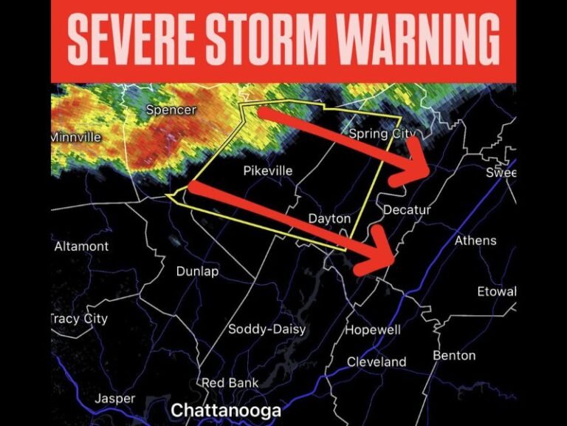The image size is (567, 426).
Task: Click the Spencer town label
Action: coord(171,110)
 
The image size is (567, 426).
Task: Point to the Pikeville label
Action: coord(268,171)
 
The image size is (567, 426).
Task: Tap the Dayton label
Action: coord(329,219)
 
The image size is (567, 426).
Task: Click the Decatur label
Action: coord(407,210)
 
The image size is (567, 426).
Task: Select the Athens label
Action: coord(475,240)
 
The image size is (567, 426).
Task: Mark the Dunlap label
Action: coord(197,271)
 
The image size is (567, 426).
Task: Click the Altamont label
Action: coord(81,246)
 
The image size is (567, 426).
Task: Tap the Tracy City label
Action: coord(79,319)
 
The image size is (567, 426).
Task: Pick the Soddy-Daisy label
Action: coord(261,329)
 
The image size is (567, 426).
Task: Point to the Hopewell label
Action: coord(373,329)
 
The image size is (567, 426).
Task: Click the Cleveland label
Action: coord(377,362)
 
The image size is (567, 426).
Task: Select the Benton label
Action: coord(454,356)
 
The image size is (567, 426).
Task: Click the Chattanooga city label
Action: coord(226,410)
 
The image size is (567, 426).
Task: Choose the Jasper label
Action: coord(115,399)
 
